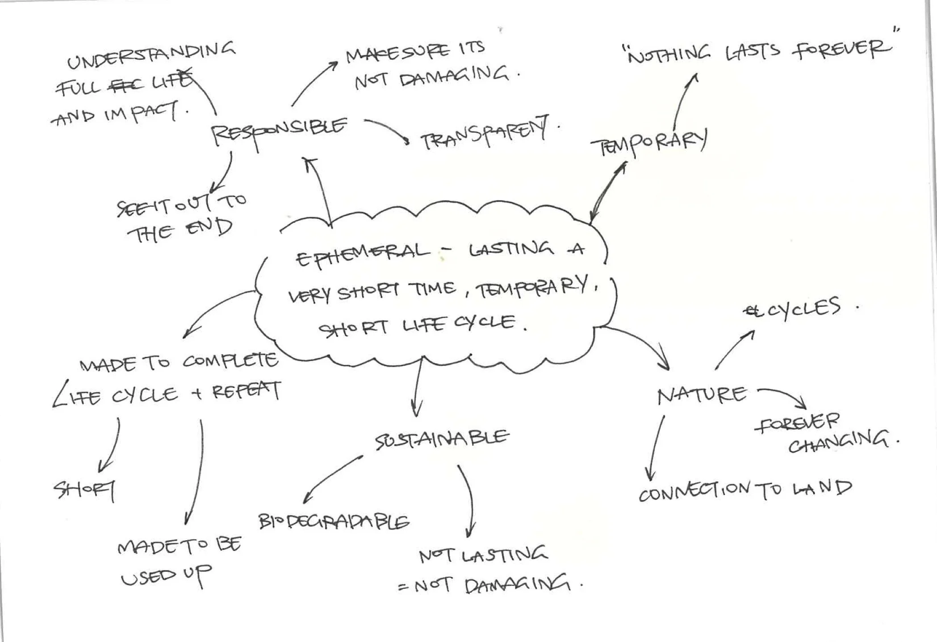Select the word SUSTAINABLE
[441, 439]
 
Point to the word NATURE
[701, 395]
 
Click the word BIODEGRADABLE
[334, 521]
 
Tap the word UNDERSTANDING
[151, 55]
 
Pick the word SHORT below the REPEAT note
[84, 490]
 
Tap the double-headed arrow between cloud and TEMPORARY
[607, 192]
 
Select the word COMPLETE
[230, 361]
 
